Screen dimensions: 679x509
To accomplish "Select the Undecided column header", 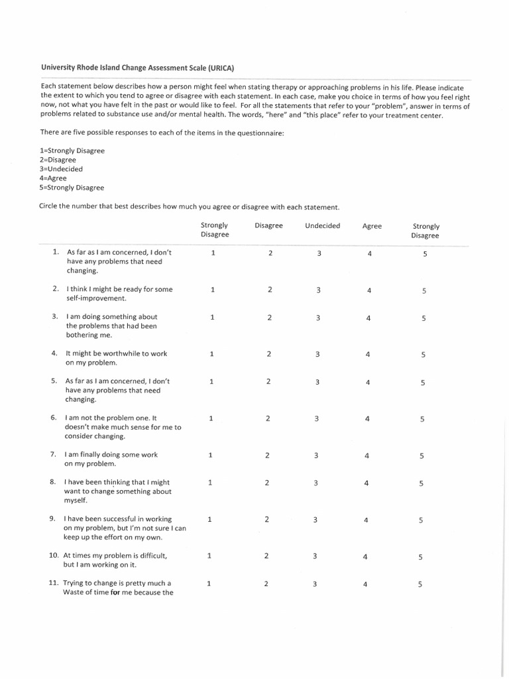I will (322, 225).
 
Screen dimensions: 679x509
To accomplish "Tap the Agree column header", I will (372, 226).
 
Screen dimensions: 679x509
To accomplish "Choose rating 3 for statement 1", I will (319, 253).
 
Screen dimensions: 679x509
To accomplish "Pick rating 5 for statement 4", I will (423, 355).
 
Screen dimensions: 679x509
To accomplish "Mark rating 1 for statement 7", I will (210, 455).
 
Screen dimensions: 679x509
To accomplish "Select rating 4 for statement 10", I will (365, 557).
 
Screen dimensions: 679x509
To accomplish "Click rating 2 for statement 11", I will (266, 584).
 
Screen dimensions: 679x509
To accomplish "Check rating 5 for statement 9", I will (421, 521).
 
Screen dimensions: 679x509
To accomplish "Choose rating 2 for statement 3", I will (269, 318).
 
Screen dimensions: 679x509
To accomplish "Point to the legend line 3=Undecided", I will (61, 169).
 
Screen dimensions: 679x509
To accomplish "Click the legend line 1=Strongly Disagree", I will (72, 151).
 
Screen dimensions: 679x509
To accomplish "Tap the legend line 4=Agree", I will (53, 178).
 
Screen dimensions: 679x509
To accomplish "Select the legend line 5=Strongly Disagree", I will (72, 188).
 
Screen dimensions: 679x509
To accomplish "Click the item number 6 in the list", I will (54, 418).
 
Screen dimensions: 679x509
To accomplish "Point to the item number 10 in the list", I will (54, 555).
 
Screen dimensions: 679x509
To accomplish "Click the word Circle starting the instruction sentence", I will (50, 206).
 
